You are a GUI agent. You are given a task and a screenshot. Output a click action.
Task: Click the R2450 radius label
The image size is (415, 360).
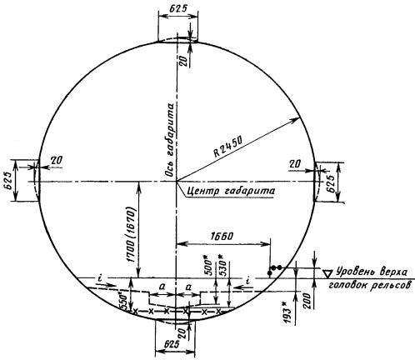point(227,147)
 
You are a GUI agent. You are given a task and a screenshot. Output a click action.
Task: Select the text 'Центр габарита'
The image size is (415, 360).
point(231,191)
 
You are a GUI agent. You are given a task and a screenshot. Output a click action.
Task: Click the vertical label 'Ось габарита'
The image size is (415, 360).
point(170,140)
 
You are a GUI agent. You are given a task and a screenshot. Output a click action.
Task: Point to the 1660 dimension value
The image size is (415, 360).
point(222,236)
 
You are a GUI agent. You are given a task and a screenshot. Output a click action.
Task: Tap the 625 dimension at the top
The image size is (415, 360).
point(177,8)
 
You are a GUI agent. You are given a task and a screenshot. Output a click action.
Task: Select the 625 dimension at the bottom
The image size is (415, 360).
point(172,345)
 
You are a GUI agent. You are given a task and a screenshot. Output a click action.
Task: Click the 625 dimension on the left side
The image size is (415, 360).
point(7,181)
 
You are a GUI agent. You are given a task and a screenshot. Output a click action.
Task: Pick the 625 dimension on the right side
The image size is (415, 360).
point(330,183)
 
